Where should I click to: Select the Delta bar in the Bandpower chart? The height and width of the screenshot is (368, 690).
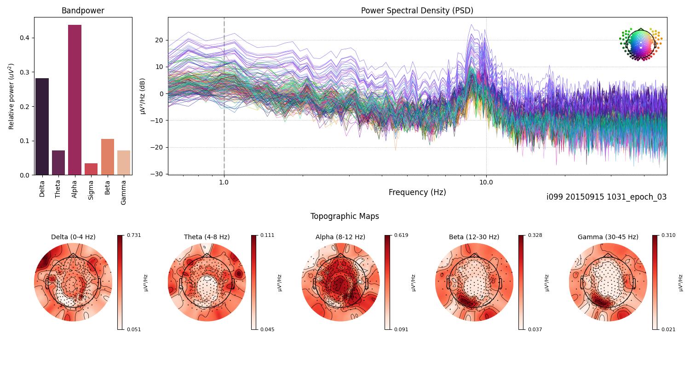pos(42,126)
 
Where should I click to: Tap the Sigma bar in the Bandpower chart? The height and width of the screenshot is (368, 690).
pos(91,169)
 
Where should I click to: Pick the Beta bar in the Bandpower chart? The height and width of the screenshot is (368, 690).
pos(107,157)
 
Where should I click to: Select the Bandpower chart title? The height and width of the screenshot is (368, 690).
pos(83,11)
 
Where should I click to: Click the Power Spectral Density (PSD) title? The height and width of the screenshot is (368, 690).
pos(417,11)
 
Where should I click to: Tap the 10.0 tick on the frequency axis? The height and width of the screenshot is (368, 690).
pos(486,182)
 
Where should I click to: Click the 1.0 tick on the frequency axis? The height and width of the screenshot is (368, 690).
pos(224,182)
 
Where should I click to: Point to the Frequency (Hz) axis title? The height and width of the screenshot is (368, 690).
pos(417,192)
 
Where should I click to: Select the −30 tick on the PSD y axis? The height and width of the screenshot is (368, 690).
pos(158,174)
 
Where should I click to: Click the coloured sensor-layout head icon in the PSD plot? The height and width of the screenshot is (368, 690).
pos(640,44)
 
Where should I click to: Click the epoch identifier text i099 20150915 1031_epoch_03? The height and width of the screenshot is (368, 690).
pos(606,197)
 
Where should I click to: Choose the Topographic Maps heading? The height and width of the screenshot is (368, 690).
pos(345,216)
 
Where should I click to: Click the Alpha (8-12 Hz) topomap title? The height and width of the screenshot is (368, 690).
pos(340,237)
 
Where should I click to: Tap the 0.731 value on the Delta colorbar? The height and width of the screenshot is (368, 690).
pos(134,235)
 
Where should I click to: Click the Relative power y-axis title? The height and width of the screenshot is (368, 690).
pos(11,97)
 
